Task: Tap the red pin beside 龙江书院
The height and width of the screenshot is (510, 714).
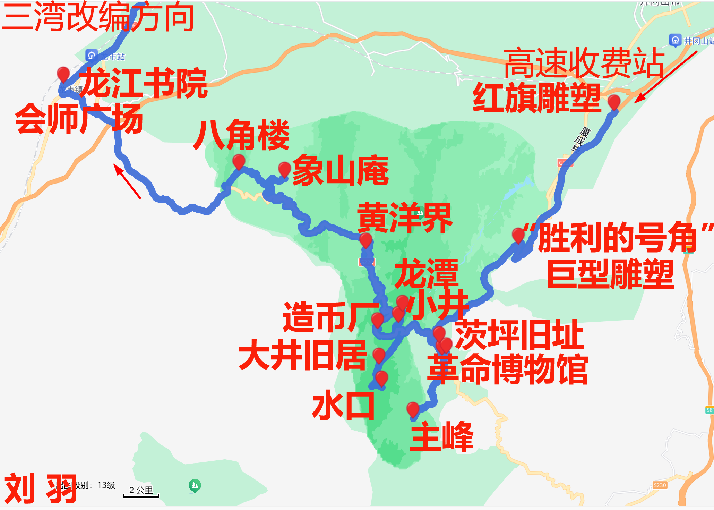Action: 63,74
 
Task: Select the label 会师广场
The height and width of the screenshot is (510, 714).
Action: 79,119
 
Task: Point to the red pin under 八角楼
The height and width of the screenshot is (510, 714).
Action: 239,161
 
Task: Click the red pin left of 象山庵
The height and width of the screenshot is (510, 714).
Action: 284,169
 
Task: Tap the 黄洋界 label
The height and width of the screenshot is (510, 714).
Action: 405,218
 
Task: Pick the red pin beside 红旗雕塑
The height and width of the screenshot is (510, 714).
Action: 614,102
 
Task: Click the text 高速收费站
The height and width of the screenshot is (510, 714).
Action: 584,63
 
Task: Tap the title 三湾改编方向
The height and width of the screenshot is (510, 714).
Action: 98,17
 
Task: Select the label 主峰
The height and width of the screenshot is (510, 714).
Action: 441,436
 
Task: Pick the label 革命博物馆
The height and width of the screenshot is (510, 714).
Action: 507,369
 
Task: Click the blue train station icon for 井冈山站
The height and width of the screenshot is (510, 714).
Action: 675,40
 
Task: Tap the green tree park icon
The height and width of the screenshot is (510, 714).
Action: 195,485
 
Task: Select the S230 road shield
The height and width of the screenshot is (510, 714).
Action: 660,485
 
